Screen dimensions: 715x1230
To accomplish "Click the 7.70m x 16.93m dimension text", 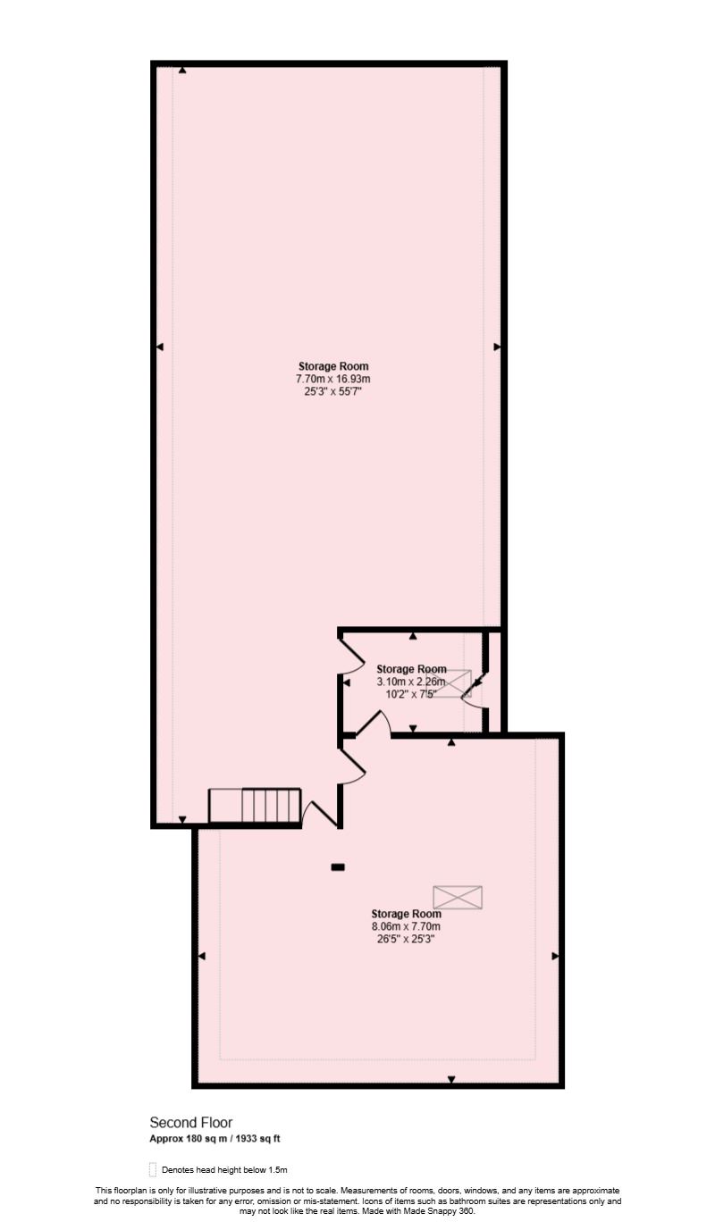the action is click(333, 379).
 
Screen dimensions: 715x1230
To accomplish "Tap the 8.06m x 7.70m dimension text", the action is click(406, 926).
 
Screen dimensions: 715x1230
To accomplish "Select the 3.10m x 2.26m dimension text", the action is click(411, 682).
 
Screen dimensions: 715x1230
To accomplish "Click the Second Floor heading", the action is click(191, 1123).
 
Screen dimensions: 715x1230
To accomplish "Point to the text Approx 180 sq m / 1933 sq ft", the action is click(214, 1139).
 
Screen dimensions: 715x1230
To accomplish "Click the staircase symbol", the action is click(255, 806).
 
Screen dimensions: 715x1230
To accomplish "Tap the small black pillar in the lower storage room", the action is click(338, 867).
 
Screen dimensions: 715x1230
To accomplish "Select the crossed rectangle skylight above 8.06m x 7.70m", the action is click(458, 897).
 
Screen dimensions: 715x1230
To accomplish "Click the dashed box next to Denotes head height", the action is click(152, 1170).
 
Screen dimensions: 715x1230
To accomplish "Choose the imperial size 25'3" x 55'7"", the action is click(333, 391).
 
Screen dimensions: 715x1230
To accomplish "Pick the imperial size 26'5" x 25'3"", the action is click(406, 939).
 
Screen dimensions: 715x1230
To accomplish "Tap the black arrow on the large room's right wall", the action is click(497, 347).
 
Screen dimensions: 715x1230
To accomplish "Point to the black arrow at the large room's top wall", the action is click(182, 70).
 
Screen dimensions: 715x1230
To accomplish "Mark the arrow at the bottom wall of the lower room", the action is click(451, 1080).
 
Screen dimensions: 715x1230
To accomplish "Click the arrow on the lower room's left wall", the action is click(202, 956).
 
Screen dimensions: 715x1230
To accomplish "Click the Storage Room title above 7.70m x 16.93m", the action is click(333, 366).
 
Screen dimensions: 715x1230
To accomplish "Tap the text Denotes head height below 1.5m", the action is click(224, 1170).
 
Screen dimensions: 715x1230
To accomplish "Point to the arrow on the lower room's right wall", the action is click(555, 956).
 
